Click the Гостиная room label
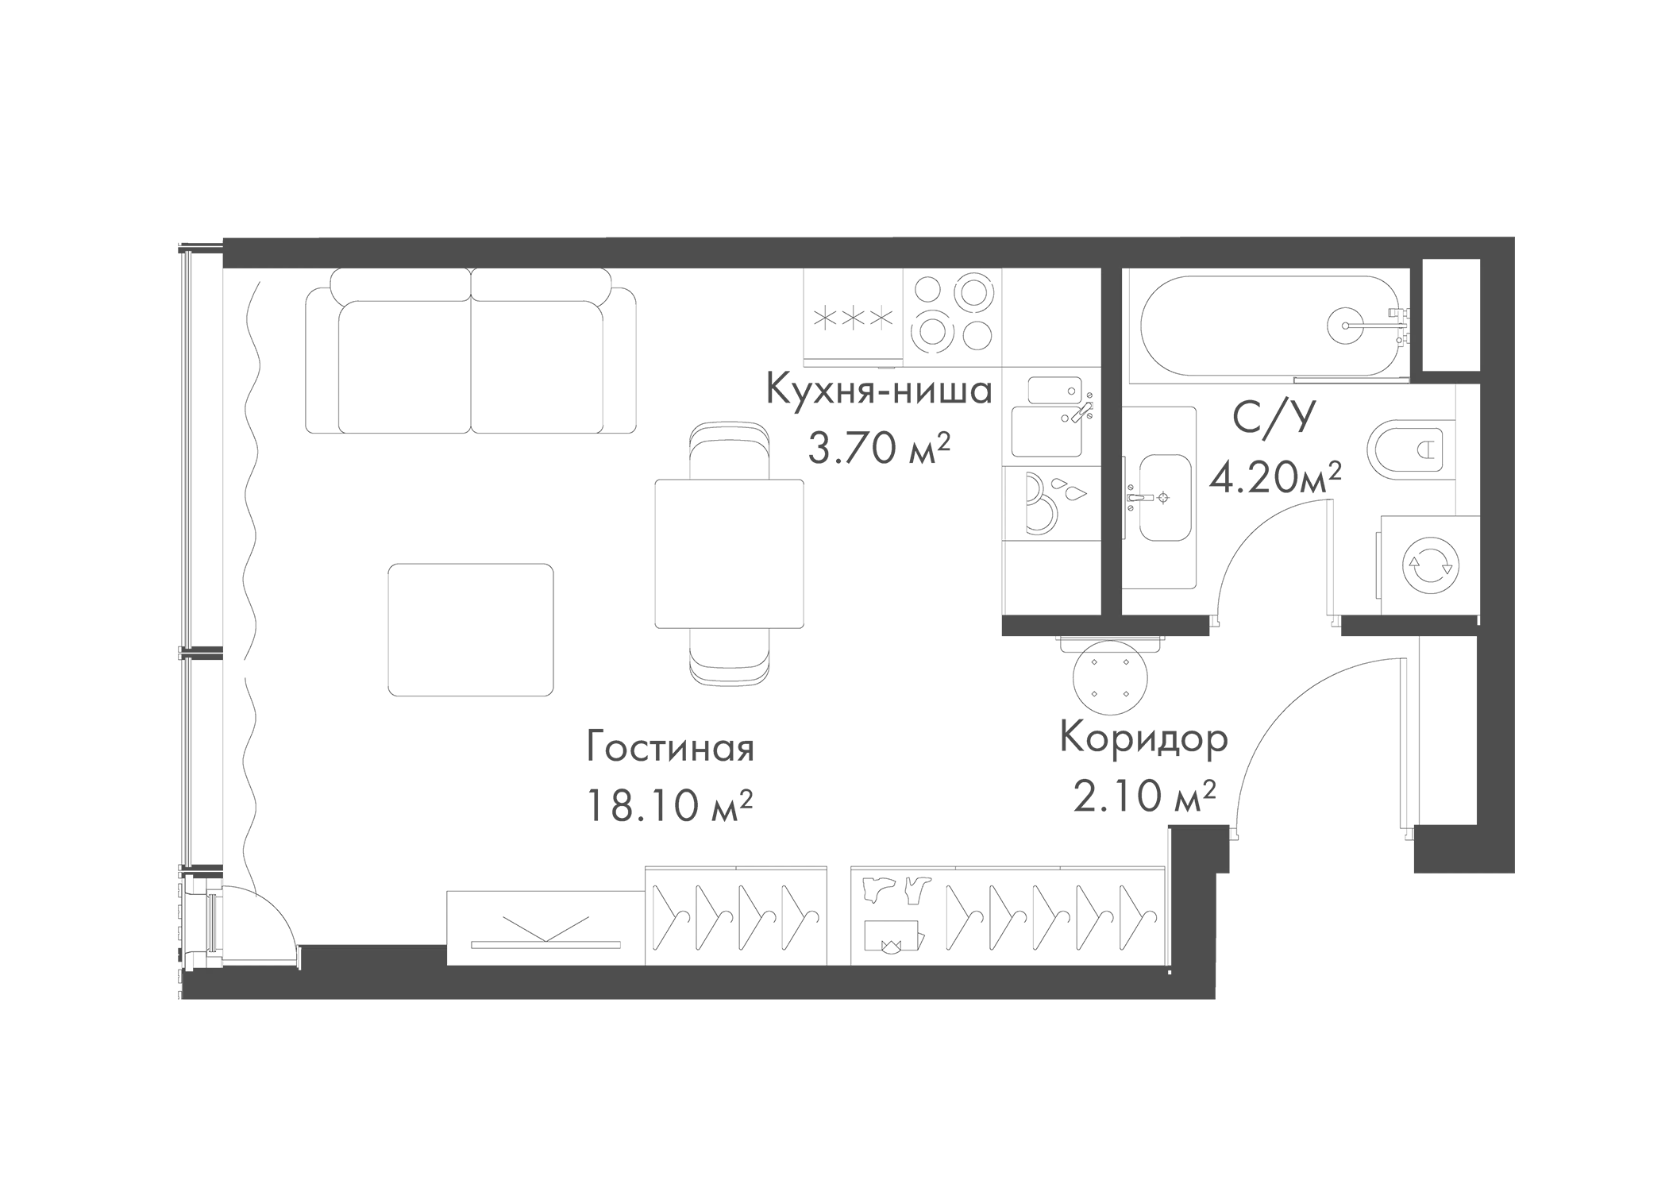click(x=670, y=748)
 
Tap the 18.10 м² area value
click(x=669, y=805)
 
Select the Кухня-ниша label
click(x=879, y=390)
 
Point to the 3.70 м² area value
click(x=879, y=449)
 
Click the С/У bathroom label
click(x=1274, y=418)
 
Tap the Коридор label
click(x=1144, y=738)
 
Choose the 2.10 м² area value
click(x=1144, y=796)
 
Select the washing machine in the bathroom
click(x=1430, y=565)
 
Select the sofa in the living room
click(x=472, y=350)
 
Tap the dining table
click(x=729, y=553)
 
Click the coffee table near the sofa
click(x=471, y=630)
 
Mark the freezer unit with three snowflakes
click(x=854, y=318)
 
